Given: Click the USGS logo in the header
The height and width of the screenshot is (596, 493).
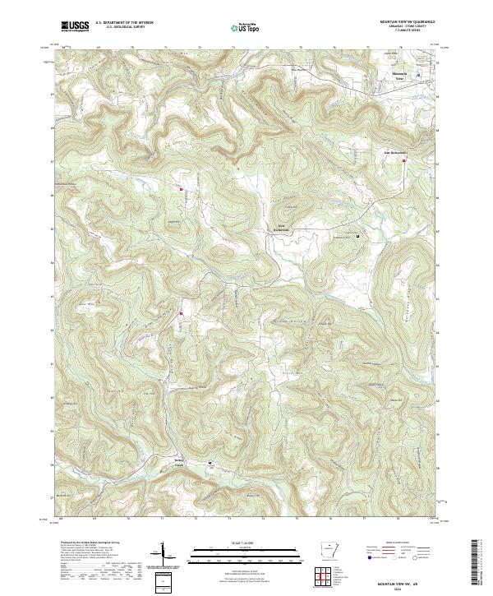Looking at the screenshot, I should pos(74,27).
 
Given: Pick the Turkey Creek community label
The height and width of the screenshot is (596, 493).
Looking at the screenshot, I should pos(179,462).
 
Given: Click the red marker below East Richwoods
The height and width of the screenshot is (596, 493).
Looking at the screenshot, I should pos(405,162).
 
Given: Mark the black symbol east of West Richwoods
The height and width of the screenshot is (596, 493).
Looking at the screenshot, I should pos(357,237).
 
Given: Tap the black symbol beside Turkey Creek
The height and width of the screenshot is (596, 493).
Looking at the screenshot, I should pos(210,463).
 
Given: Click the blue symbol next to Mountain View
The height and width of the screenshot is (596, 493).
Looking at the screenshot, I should pos(417,75).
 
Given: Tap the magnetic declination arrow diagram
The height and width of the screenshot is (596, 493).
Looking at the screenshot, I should pos(163,558).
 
